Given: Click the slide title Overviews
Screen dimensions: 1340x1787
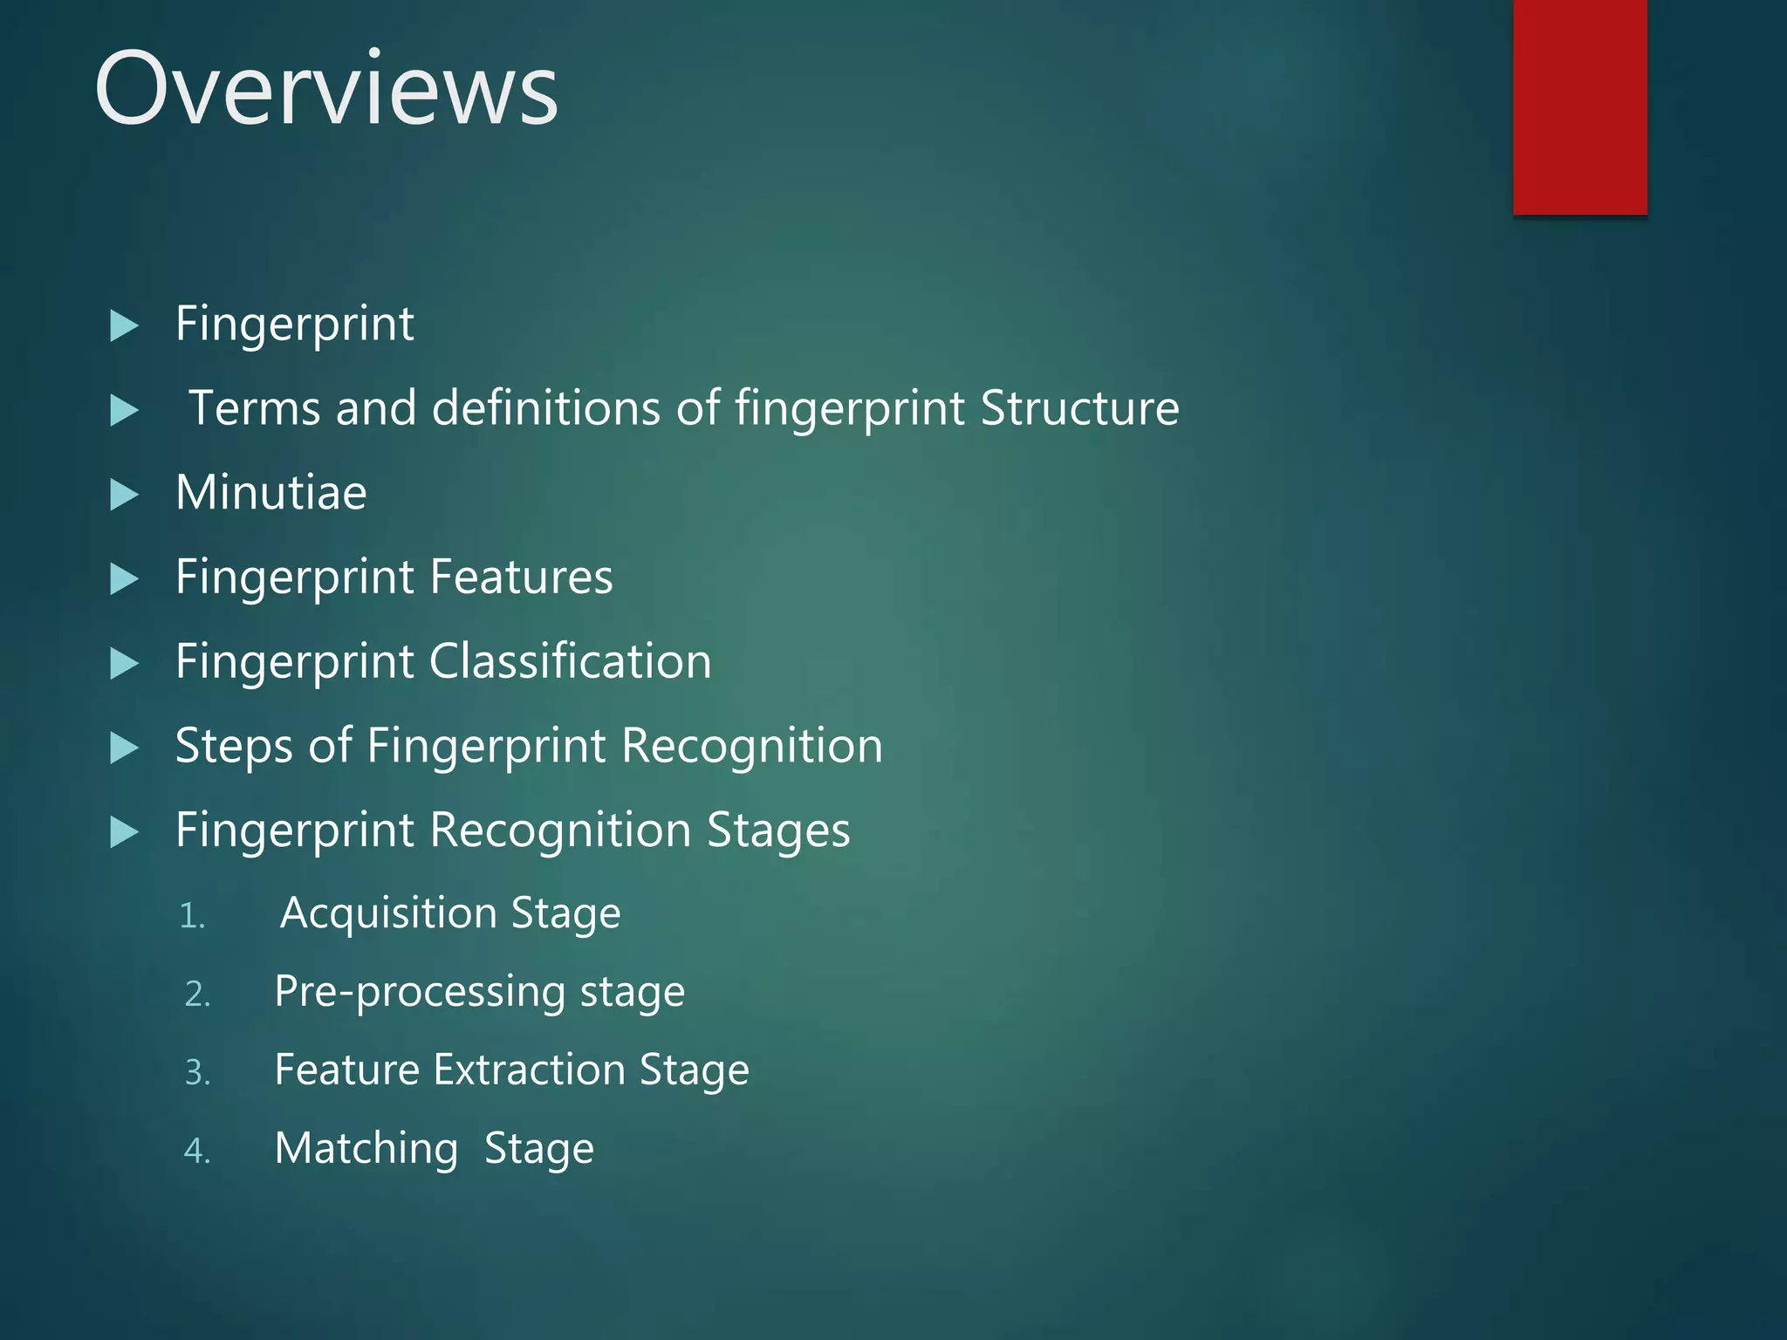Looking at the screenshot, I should pyautogui.click(x=325, y=89).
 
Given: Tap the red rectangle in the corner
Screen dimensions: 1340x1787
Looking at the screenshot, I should pyautogui.click(x=1579, y=106).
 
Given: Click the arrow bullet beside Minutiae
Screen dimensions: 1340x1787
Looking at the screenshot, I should pyautogui.click(x=125, y=495).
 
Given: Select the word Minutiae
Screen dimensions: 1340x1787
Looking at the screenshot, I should pyautogui.click(x=270, y=492).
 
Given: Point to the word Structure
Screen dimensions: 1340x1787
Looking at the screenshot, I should pyautogui.click(x=1079, y=408).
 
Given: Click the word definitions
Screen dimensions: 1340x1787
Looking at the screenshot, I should pyautogui.click(x=546, y=408).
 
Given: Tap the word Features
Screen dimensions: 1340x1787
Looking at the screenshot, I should pyautogui.click(x=521, y=577).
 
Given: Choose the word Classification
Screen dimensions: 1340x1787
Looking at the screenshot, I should pyautogui.click(x=571, y=661).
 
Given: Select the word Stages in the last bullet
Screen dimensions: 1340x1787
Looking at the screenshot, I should pyautogui.click(x=778, y=831).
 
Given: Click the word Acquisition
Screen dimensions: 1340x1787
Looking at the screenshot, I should pyautogui.click(x=388, y=913).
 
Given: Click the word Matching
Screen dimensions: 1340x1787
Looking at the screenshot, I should pyautogui.click(x=366, y=1149).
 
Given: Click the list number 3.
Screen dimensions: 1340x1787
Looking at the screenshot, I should pyautogui.click(x=198, y=1073).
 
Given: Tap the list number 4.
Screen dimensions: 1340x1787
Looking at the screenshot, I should pyautogui.click(x=197, y=1152).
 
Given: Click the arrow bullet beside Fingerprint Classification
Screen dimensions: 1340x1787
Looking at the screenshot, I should pyautogui.click(x=125, y=664).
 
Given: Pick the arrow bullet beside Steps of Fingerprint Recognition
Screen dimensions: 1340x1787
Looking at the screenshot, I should pyautogui.click(x=125, y=749).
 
